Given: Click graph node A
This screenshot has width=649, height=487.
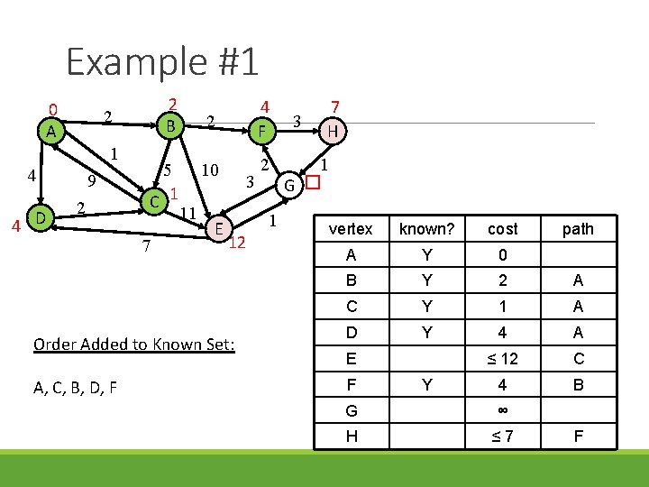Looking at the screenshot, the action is click(x=53, y=132).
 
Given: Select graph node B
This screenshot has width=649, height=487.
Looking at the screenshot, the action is click(x=170, y=124).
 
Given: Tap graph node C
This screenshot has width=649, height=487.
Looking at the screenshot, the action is click(x=155, y=199).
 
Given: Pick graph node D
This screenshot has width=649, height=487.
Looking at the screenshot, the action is click(x=41, y=218).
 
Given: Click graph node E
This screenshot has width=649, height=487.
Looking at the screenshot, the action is click(x=218, y=229).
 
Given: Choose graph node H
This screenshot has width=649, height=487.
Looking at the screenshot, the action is click(x=334, y=132).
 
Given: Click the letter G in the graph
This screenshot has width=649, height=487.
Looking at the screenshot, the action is click(x=289, y=186).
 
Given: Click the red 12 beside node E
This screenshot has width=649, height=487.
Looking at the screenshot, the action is click(x=237, y=243).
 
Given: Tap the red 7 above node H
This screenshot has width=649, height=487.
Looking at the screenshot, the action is click(x=335, y=106).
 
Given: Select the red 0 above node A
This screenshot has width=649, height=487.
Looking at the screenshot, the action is click(x=53, y=110).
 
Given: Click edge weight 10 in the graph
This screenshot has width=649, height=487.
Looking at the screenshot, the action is click(x=211, y=170).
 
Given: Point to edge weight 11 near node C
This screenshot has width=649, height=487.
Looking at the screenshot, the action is click(x=188, y=213).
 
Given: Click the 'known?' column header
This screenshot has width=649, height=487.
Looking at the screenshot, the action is click(x=426, y=229).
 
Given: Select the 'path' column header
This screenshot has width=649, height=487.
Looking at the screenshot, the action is click(x=578, y=229).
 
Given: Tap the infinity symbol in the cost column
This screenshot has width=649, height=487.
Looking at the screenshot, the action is click(x=502, y=410).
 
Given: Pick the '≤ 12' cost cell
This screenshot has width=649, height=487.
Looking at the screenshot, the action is click(x=502, y=359).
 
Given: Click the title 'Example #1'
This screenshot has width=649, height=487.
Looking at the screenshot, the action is click(x=162, y=61).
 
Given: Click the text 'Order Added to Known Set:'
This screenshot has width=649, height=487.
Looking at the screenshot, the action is click(x=133, y=345).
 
